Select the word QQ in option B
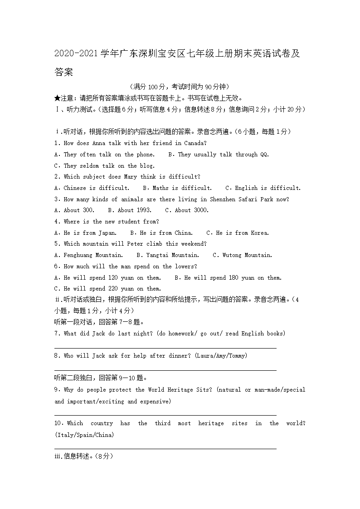pos(264,155)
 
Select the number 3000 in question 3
pos(199,210)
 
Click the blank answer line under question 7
pos(165,348)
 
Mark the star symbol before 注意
pos(57,98)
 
